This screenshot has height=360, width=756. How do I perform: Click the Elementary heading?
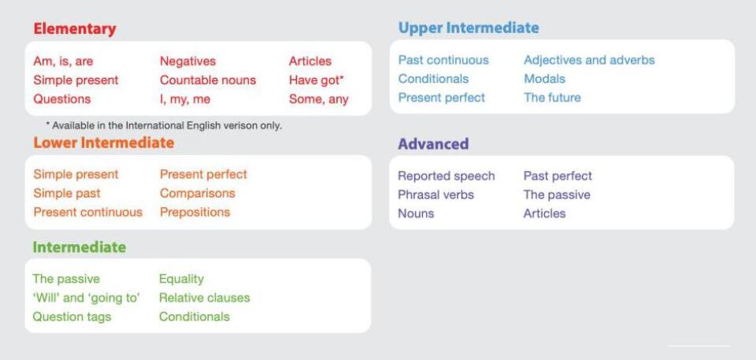[x=75, y=29]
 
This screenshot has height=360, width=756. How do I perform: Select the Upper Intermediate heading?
[x=469, y=28]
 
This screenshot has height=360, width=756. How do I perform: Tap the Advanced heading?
[x=433, y=144]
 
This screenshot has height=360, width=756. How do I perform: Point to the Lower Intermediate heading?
[x=104, y=143]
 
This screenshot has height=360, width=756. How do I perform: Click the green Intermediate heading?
[x=79, y=247]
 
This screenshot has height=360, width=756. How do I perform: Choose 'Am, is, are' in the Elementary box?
[x=63, y=61]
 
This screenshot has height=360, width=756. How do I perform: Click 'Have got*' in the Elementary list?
[x=317, y=80]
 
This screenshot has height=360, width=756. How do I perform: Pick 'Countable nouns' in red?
[x=208, y=80]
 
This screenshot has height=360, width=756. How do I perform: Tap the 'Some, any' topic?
[x=319, y=99]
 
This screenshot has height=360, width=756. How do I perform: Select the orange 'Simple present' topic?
[x=76, y=174]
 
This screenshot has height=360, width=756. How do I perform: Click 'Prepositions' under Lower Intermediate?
[x=195, y=213]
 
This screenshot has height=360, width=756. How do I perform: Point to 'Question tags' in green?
[x=72, y=317]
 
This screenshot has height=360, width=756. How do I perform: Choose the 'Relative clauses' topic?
[x=205, y=298]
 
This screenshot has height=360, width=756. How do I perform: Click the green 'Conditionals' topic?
[x=195, y=317]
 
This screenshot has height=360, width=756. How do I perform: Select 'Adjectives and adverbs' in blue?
[x=589, y=60]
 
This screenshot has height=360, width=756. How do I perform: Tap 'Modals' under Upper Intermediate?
[x=545, y=79]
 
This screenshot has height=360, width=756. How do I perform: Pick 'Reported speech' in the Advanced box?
[x=447, y=176]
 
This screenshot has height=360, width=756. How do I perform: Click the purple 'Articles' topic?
[x=544, y=213]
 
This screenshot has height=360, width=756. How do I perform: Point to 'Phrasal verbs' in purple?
[x=435, y=195]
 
